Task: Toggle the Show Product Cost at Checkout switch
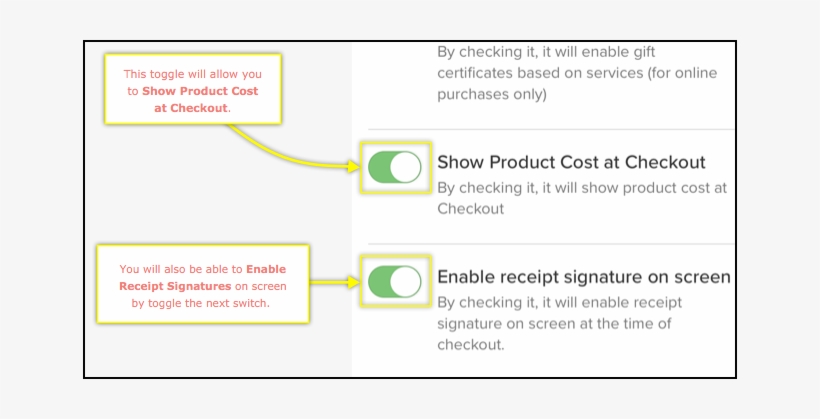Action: pos(395,167)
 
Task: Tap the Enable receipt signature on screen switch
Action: pos(395,282)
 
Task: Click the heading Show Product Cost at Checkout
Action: pos(571,162)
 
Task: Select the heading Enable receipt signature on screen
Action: pos(584,277)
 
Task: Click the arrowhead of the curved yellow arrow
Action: pos(354,167)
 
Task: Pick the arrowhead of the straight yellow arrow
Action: pos(354,282)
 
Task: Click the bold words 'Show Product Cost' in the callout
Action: pos(200,91)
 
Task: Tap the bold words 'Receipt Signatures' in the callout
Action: pos(175,286)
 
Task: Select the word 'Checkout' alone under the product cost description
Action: pos(471,209)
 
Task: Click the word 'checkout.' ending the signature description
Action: pos(471,345)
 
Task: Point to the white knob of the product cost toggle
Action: pos(405,167)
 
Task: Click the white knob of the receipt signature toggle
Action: pos(405,282)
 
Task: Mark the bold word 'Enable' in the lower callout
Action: pos(266,269)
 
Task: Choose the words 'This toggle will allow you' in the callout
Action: pos(192,74)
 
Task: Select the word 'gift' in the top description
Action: pos(643,52)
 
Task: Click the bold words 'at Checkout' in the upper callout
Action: pos(191,108)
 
